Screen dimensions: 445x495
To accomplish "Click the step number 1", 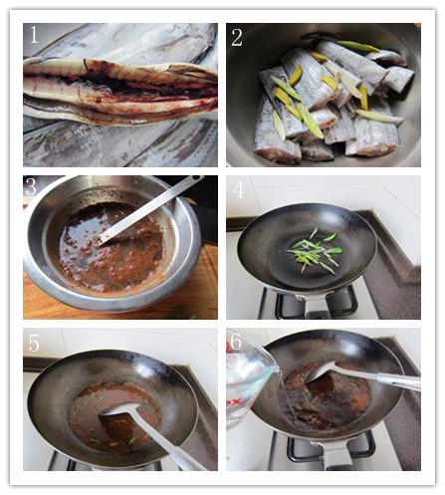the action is tap(34, 35).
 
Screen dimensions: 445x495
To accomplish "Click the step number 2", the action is tap(237, 38).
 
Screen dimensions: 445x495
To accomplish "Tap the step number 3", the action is tap(31, 187).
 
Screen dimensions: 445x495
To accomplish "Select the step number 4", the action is tap(239, 190).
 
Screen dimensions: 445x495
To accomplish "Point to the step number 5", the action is tap(34, 343).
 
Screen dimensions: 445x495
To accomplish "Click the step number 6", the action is tap(235, 341).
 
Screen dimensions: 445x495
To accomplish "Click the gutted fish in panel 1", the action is tap(120, 89).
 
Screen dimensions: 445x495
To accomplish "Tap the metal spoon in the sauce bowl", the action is tap(147, 210).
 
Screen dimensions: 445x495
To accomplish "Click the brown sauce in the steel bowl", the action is tap(110, 247).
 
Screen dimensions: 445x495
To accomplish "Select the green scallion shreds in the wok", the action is tap(316, 251).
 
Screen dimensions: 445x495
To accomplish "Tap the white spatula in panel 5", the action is tap(149, 431).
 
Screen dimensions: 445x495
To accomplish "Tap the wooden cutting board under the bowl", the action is tap(199, 292).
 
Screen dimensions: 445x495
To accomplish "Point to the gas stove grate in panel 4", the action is tap(317, 304).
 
